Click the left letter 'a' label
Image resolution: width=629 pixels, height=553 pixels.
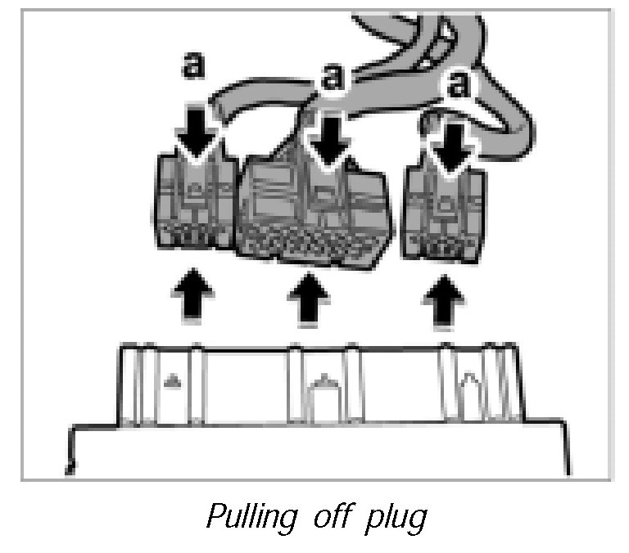click(193, 68)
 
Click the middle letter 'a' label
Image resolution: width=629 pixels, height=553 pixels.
click(331, 79)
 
